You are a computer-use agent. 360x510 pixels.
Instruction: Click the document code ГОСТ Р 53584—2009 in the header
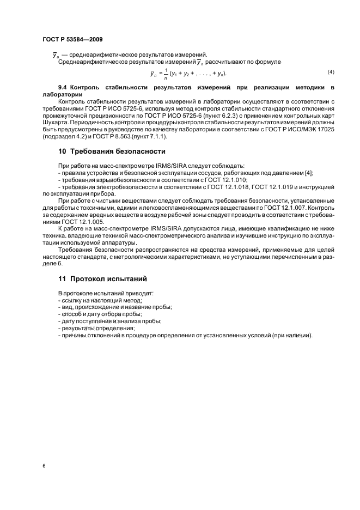(x=72, y=39)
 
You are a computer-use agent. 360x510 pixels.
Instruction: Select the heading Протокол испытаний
(x=108, y=278)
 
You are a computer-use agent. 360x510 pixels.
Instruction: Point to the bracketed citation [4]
(x=307, y=173)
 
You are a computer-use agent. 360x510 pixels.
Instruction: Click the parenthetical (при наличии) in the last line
(x=292, y=335)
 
